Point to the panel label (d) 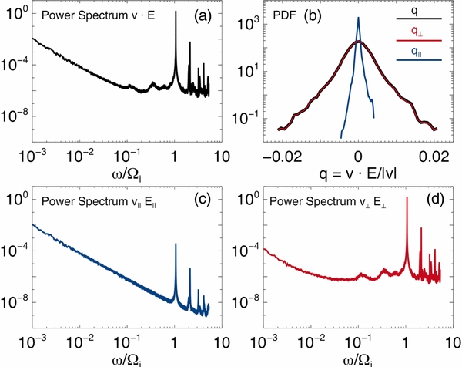[438, 203]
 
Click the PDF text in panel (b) [286, 15]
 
